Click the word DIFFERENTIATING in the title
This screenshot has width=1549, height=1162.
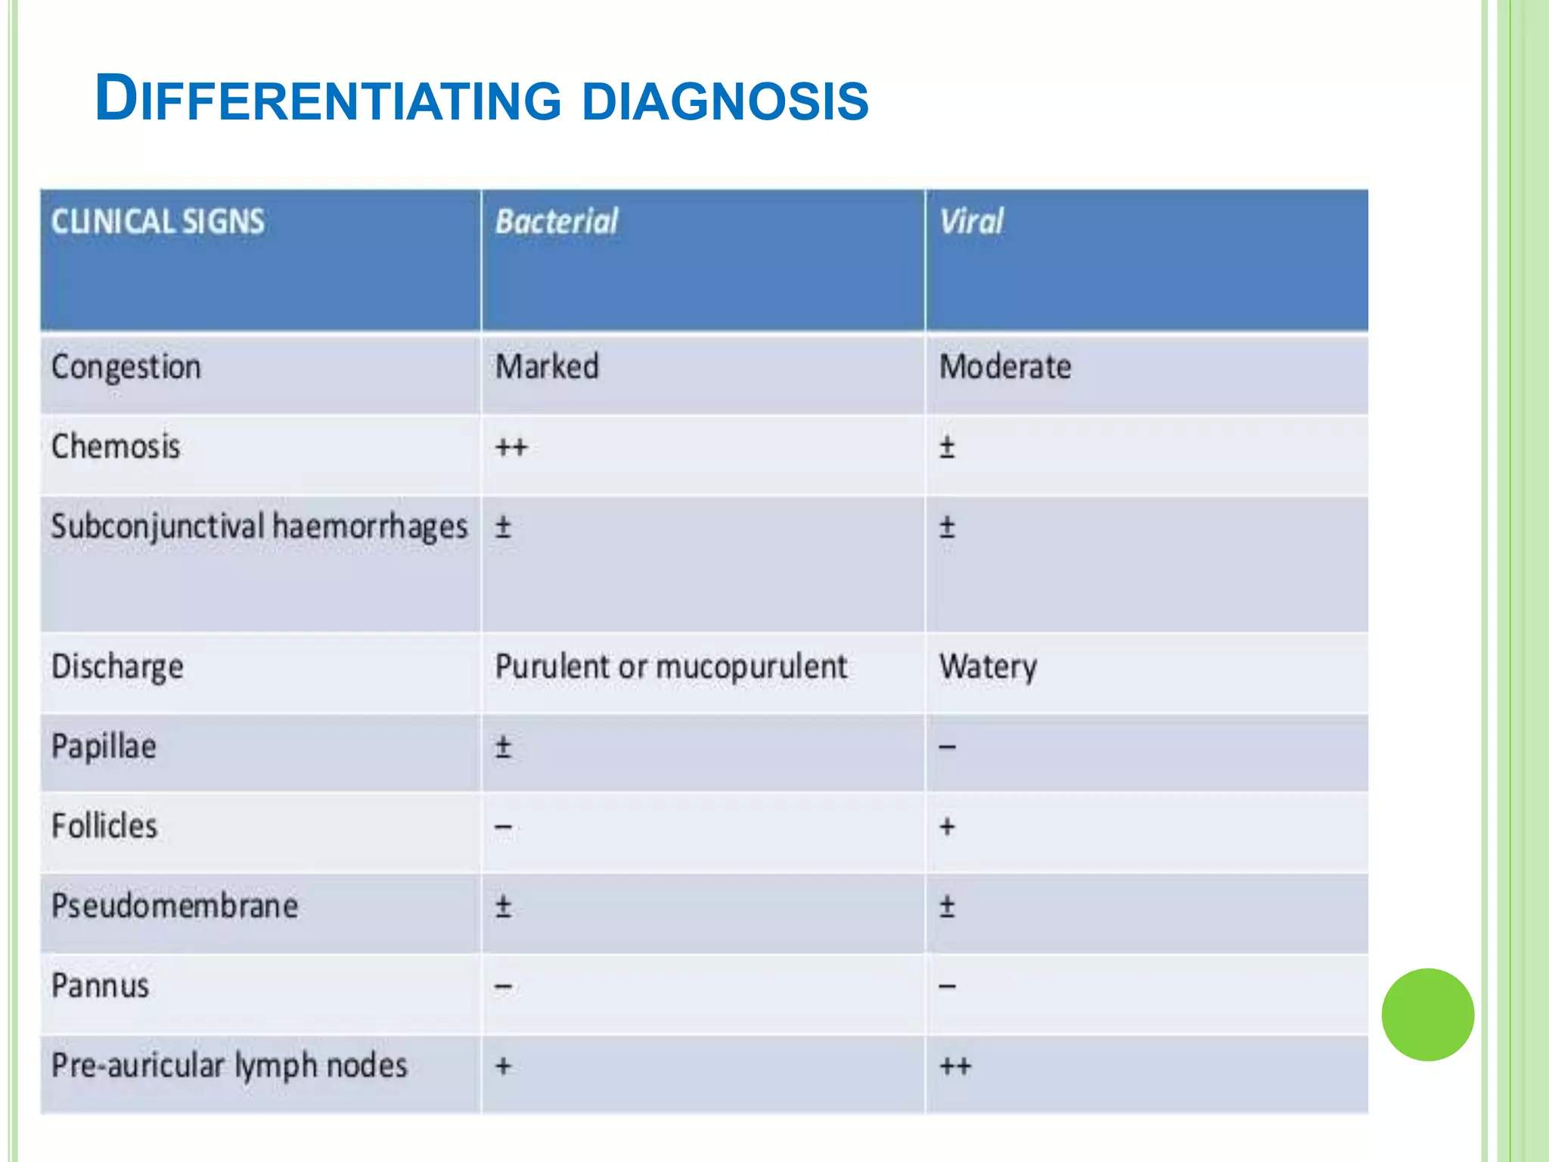click(328, 99)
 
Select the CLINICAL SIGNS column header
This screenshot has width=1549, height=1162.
click(158, 222)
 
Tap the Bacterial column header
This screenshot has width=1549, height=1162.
click(557, 222)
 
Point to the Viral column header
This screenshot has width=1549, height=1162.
click(971, 222)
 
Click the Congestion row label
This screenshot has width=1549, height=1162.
click(126, 368)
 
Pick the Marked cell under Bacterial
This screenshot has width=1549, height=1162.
click(547, 367)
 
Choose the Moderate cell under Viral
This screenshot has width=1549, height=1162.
click(1005, 367)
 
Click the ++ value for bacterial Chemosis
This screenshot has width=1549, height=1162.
click(511, 447)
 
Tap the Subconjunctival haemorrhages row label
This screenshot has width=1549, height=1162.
click(259, 527)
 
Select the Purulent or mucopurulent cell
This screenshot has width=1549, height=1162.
click(671, 667)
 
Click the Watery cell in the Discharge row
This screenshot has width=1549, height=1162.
click(988, 667)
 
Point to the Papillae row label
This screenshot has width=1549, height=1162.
click(104, 747)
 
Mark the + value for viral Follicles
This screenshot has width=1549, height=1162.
click(947, 826)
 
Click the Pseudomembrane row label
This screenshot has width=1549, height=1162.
click(175, 906)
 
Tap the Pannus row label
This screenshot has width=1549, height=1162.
click(101, 986)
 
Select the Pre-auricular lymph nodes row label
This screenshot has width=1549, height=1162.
click(229, 1066)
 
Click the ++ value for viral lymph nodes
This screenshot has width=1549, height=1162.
click(955, 1067)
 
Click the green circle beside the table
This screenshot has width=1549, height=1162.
click(1427, 1014)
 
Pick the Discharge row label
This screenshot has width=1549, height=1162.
click(117, 667)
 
